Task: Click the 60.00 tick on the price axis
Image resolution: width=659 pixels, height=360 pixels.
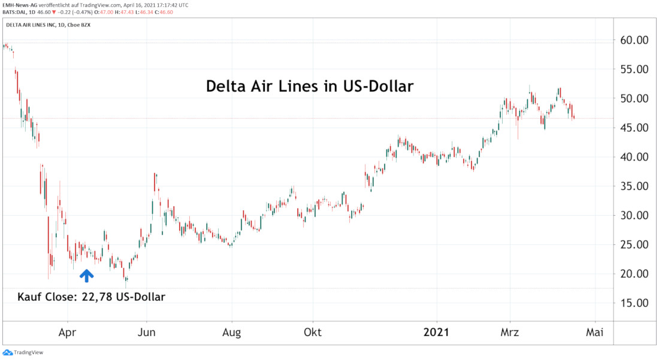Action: [x=634, y=40]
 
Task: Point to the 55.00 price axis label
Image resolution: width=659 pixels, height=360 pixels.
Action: [x=634, y=69]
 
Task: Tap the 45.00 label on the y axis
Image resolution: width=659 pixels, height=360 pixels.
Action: [x=634, y=128]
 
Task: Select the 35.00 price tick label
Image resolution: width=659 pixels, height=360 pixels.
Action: [x=634, y=186]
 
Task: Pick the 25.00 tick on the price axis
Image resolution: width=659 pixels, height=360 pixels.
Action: [x=634, y=244]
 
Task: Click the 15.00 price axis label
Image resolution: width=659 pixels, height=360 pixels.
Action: [x=634, y=303]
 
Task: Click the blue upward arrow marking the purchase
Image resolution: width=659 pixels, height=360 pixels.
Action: [x=87, y=276]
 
